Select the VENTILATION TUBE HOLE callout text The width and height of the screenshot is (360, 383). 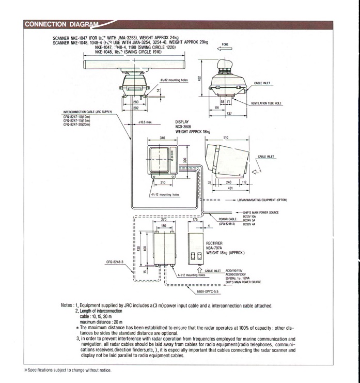coord(270,103)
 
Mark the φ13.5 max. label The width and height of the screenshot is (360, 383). coord(146,122)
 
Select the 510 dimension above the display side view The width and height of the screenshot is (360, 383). coord(226,138)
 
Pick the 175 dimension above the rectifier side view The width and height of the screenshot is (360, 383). coord(195,220)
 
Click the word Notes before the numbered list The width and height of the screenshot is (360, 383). coord(68,305)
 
